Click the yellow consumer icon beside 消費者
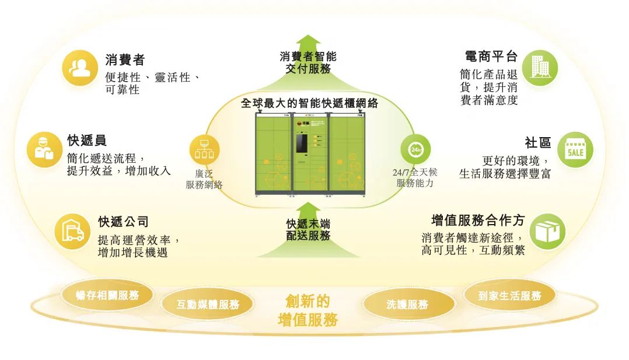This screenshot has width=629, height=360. pyautogui.click(x=80, y=68)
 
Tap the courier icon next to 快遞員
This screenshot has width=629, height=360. pyautogui.click(x=44, y=149)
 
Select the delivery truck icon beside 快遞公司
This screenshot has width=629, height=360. pyautogui.click(x=72, y=230)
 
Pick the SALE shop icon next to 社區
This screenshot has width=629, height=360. pyautogui.click(x=575, y=149)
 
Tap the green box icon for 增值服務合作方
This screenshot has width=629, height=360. pyautogui.click(x=547, y=231)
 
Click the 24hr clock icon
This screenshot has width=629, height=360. pyautogui.click(x=415, y=149)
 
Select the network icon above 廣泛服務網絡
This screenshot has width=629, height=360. pyautogui.click(x=204, y=149)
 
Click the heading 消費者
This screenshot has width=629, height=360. pyautogui.click(x=125, y=60)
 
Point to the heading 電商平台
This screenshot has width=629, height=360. pyautogui.click(x=491, y=57)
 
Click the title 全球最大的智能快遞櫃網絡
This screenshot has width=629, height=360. pyautogui.click(x=310, y=103)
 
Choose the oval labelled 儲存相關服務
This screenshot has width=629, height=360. pyautogui.click(x=107, y=295)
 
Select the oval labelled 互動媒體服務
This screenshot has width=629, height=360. pyautogui.click(x=208, y=304)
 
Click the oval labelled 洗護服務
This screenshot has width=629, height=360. pyautogui.click(x=408, y=304)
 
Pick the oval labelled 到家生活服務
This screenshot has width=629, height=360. pyautogui.click(x=509, y=295)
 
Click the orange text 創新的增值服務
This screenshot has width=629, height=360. pyautogui.click(x=307, y=310)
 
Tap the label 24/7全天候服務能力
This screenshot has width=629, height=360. pyautogui.click(x=415, y=177)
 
